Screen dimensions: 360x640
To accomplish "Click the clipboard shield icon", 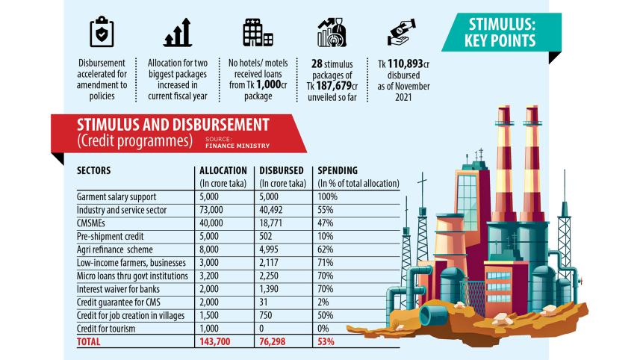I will (x=102, y=32).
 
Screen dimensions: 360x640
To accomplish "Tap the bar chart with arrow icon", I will (x=178, y=32).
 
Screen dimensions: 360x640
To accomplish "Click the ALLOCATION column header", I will (x=223, y=170).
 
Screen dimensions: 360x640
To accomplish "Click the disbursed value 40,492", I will (x=274, y=210).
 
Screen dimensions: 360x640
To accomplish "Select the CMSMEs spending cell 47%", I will (x=326, y=223).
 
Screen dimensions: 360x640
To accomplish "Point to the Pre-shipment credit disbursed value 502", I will (x=268, y=237).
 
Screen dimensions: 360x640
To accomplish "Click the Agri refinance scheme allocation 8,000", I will (x=211, y=250).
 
